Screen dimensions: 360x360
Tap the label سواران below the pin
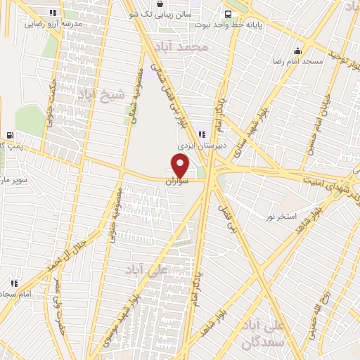point(178,181)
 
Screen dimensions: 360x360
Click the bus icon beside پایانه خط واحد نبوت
point(228,13)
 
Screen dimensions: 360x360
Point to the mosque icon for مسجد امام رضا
point(297,51)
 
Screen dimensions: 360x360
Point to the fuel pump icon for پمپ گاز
point(9,135)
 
